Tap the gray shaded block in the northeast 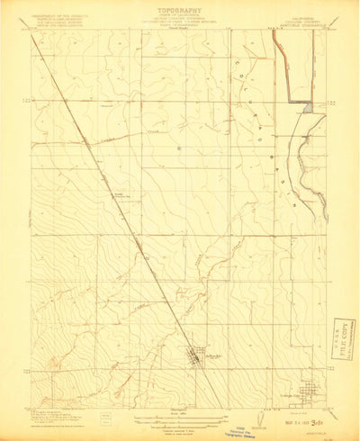(308, 107)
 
